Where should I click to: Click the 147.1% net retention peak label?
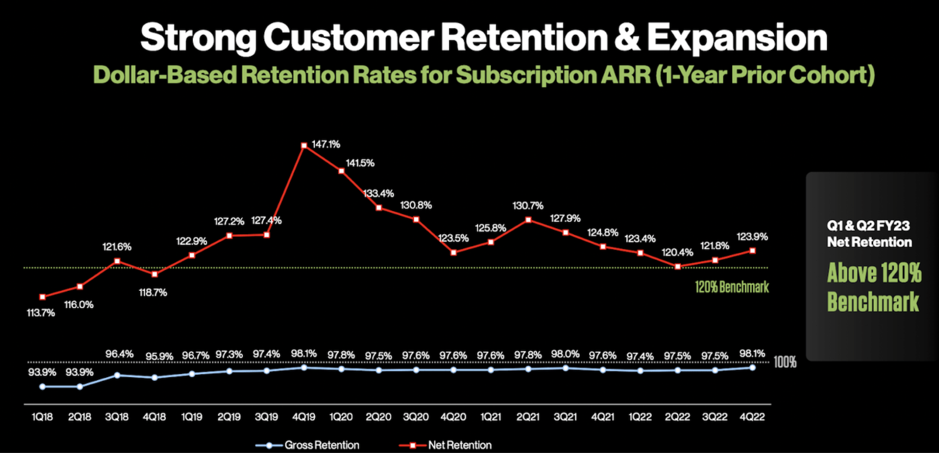pyautogui.click(x=326, y=145)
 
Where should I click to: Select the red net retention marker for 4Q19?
pyautogui.click(x=304, y=146)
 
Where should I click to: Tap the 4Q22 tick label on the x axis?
pyautogui.click(x=752, y=417)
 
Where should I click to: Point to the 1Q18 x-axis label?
pyautogui.click(x=42, y=417)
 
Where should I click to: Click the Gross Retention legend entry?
pyautogui.click(x=322, y=445)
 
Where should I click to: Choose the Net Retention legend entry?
pyautogui.click(x=460, y=445)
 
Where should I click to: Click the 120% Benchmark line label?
pyautogui.click(x=732, y=287)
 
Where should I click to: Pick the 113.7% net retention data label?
pyautogui.click(x=41, y=313)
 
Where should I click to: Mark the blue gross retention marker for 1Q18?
pyautogui.click(x=43, y=386)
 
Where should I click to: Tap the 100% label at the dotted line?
pyautogui.click(x=785, y=362)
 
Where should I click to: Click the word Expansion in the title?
pyautogui.click(x=737, y=38)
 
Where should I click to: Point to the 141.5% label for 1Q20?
pyautogui.click(x=360, y=163)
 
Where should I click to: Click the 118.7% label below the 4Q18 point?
pyautogui.click(x=153, y=293)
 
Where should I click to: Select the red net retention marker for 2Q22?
pyautogui.click(x=677, y=267)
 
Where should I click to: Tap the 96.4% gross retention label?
pyautogui.click(x=120, y=354)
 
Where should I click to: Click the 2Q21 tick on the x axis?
pyautogui.click(x=528, y=417)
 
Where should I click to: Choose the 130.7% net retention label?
pyautogui.click(x=528, y=206)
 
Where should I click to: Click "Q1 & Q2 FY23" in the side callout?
pyautogui.click(x=868, y=225)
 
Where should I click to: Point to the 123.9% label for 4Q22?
pyautogui.click(x=752, y=237)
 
